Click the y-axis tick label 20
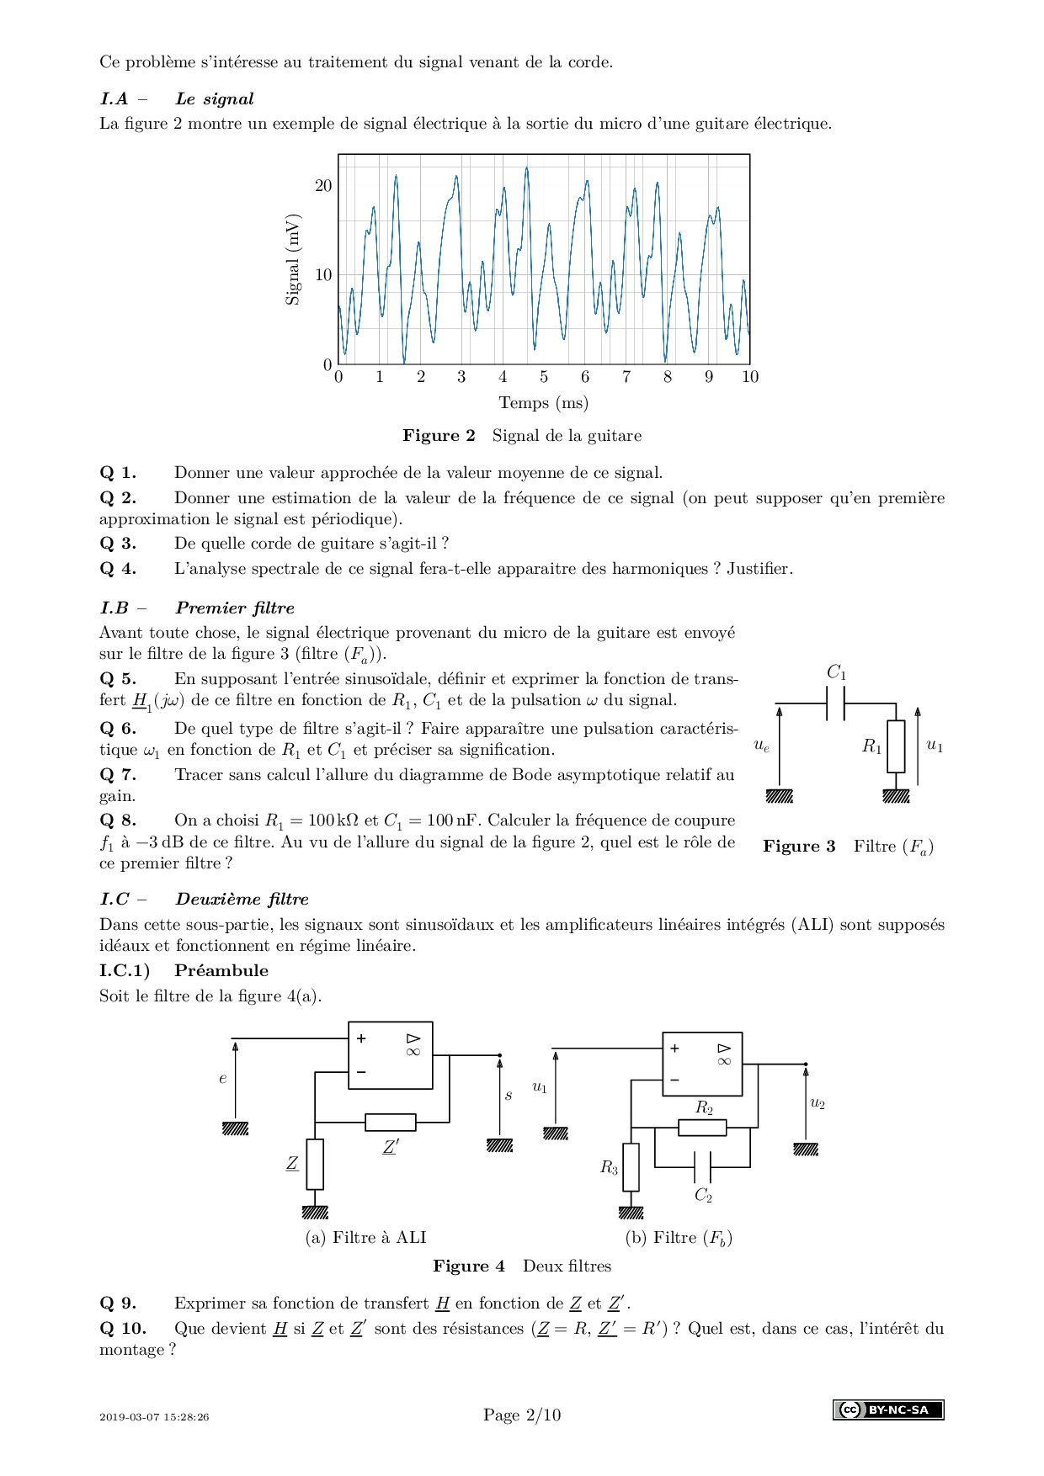click(323, 186)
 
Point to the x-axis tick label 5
click(544, 377)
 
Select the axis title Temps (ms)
click(543, 403)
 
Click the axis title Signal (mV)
click(293, 259)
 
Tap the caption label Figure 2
click(439, 436)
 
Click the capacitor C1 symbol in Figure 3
click(836, 703)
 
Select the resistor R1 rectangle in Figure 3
click(896, 746)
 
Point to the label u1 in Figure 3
click(935, 745)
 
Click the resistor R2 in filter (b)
click(702, 1127)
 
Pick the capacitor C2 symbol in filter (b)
click(702, 1167)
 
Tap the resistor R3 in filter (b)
click(631, 1167)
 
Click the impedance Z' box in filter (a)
click(390, 1122)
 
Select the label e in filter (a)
click(223, 1079)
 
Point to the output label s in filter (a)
click(509, 1096)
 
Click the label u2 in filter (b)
click(818, 1103)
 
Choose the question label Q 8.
click(118, 820)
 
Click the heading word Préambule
click(221, 971)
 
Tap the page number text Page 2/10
click(522, 1415)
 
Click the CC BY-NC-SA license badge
click(888, 1410)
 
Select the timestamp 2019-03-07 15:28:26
click(154, 1417)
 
